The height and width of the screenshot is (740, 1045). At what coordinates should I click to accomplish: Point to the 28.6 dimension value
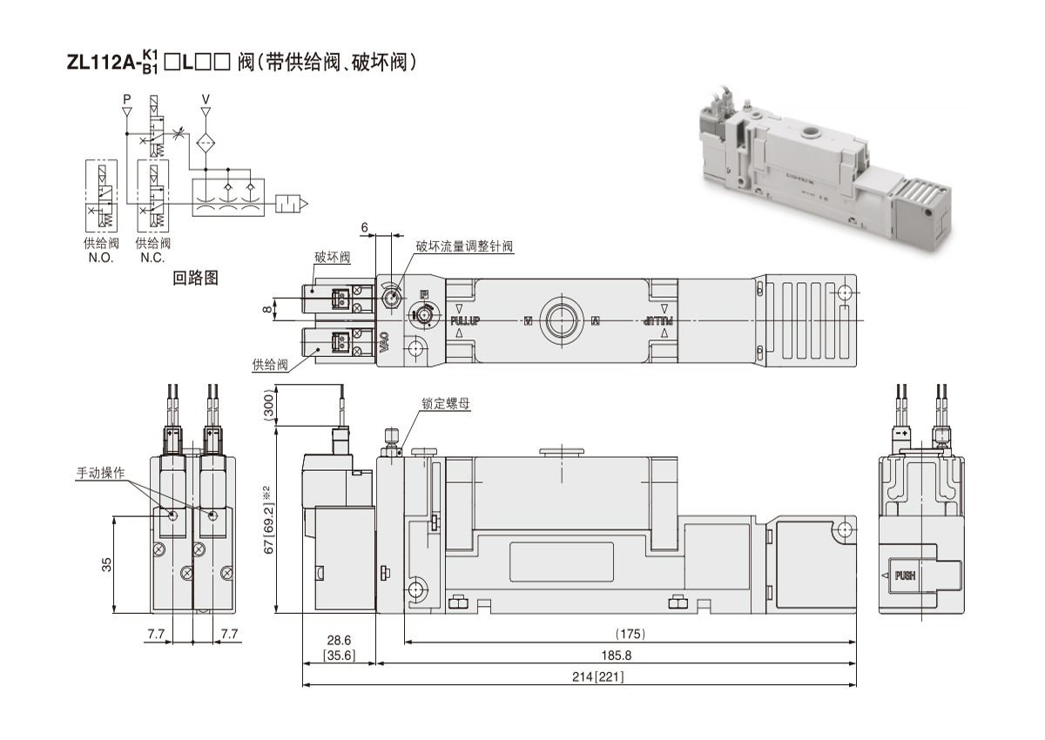pyautogui.click(x=339, y=640)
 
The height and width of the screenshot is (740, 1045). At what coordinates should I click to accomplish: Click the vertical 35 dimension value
pyautogui.click(x=106, y=564)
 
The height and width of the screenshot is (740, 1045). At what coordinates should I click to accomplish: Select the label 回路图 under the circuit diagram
pyautogui.click(x=195, y=279)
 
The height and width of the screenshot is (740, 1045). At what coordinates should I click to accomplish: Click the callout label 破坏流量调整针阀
pyautogui.click(x=464, y=246)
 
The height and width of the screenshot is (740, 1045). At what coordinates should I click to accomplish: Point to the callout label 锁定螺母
pyautogui.click(x=446, y=404)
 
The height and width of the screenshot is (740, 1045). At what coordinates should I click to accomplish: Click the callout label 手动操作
pyautogui.click(x=101, y=474)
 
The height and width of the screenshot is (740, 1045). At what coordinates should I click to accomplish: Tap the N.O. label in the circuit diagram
pyautogui.click(x=102, y=258)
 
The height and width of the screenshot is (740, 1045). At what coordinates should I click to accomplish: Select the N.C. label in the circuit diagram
pyautogui.click(x=152, y=258)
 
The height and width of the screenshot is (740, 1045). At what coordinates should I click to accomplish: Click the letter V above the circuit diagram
pyautogui.click(x=206, y=98)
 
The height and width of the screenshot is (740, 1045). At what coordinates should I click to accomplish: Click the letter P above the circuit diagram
pyautogui.click(x=127, y=98)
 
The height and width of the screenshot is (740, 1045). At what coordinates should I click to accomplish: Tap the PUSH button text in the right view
pyautogui.click(x=906, y=575)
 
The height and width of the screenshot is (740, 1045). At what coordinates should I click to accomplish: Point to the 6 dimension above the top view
pyautogui.click(x=366, y=227)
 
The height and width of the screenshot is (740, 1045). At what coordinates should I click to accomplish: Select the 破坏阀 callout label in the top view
pyautogui.click(x=332, y=258)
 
